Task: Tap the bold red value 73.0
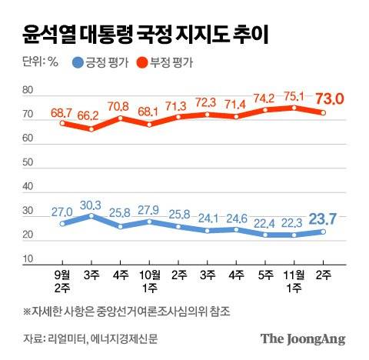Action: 327,98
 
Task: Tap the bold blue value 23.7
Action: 327,218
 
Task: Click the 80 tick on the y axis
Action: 28,92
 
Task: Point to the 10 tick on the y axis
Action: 28,259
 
